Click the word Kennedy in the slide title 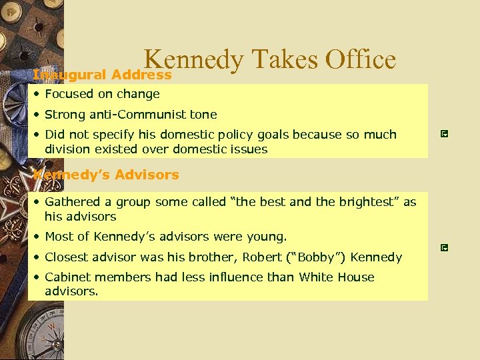pos(193,61)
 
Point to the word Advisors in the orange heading pos(147,175)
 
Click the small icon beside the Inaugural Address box pos(445,134)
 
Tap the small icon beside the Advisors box pos(445,247)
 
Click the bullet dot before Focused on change pos(39,94)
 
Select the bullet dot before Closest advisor pos(39,257)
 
